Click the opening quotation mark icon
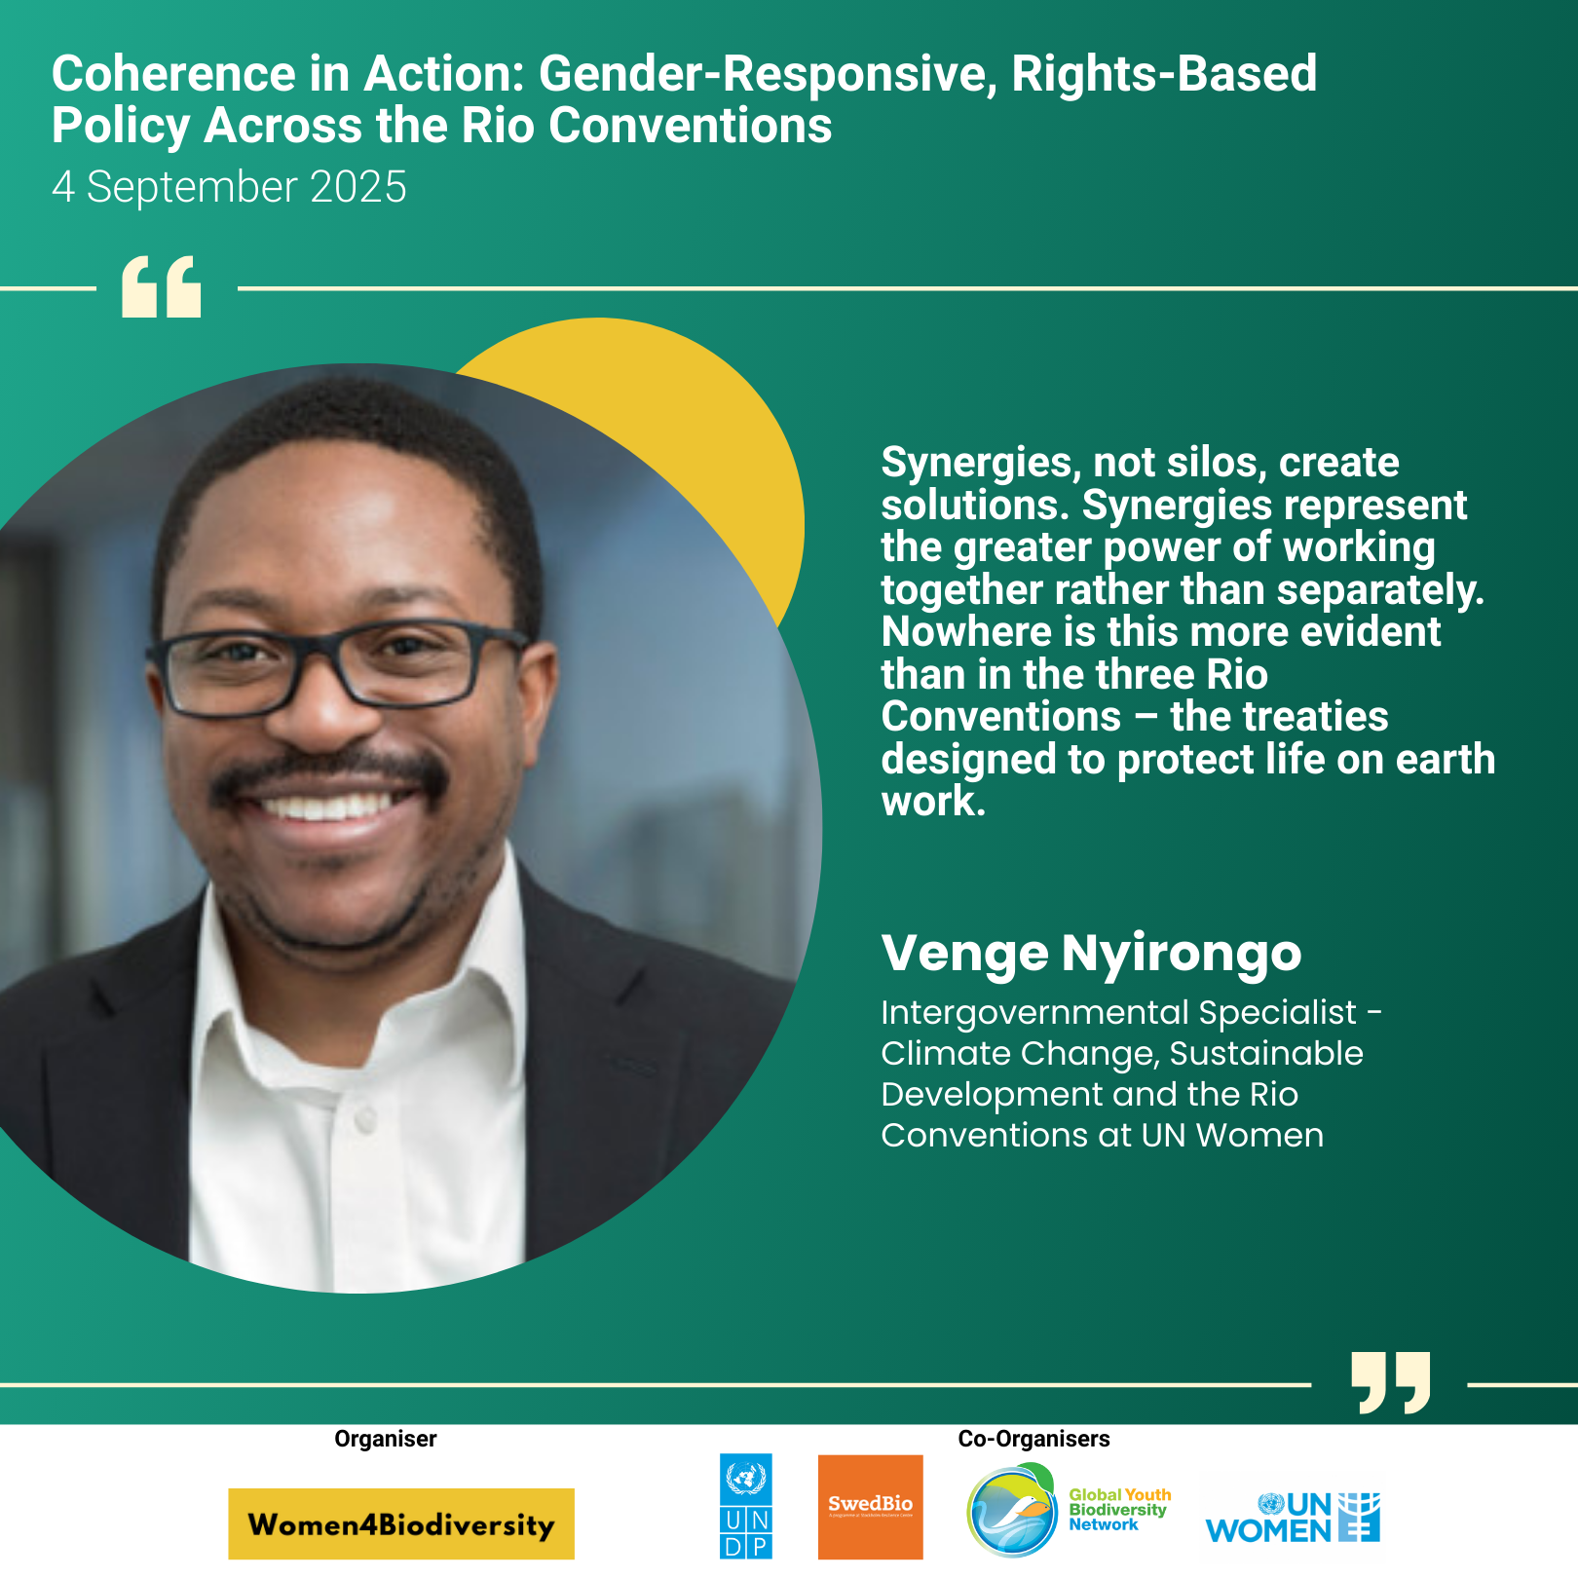point(161,287)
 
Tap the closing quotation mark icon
point(1391,1382)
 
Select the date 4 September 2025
point(229,187)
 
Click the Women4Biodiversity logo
point(401,1523)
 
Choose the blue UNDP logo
point(746,1506)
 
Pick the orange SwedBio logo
point(871,1507)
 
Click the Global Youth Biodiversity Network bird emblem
point(1012,1510)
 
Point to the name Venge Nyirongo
point(1091,952)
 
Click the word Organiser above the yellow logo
point(386,1439)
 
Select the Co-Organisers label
point(1033,1439)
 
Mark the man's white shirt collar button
point(365,1121)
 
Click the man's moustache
point(329,772)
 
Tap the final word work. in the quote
point(934,802)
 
